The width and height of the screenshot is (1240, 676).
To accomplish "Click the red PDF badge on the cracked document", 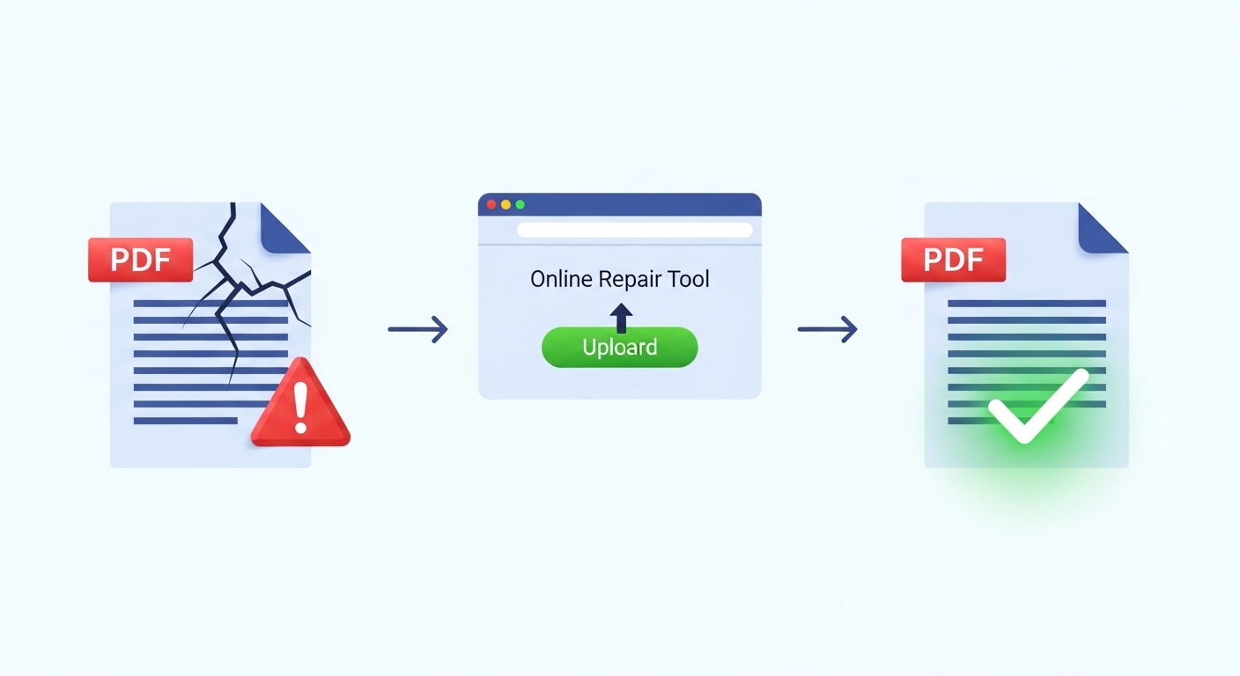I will click(x=140, y=260).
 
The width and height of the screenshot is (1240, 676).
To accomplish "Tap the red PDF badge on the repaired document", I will click(x=954, y=260).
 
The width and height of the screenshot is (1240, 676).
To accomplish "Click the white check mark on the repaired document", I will click(x=1037, y=407).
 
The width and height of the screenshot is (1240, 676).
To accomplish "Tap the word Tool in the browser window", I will click(x=688, y=280).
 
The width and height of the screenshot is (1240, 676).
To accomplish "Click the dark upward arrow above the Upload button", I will click(x=621, y=316).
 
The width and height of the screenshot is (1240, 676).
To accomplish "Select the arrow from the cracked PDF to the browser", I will click(x=418, y=330).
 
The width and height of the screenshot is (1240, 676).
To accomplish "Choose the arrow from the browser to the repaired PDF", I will click(x=827, y=330).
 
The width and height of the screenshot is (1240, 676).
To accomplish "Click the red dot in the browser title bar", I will click(x=491, y=204).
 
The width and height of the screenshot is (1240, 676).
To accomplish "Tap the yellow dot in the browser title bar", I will click(x=506, y=204).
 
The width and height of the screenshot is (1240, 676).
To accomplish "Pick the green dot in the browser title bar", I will click(x=520, y=204).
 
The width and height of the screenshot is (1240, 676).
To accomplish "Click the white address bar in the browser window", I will click(x=634, y=230).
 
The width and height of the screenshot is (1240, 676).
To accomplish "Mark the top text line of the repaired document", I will click(x=1026, y=304).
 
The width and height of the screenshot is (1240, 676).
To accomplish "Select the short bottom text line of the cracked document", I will click(x=185, y=421).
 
